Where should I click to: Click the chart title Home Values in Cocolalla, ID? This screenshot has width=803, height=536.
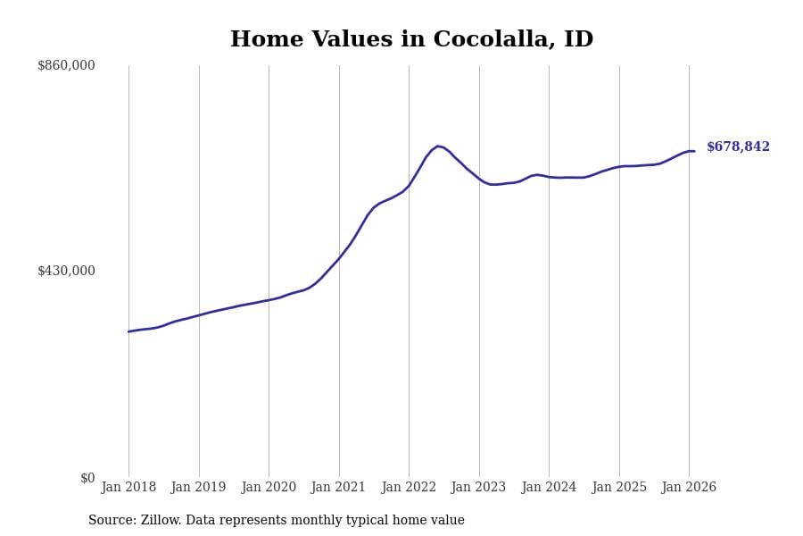(x=411, y=40)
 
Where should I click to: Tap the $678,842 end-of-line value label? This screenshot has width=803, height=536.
(x=738, y=147)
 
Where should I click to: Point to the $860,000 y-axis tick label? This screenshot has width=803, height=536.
(x=66, y=65)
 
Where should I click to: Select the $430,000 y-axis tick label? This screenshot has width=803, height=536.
(x=66, y=271)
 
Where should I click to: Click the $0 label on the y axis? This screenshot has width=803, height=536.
(x=87, y=478)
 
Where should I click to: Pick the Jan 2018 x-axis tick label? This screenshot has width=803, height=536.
(x=128, y=488)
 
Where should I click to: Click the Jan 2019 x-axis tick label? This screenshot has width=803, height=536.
(x=198, y=488)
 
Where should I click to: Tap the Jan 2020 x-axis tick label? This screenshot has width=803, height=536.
(x=269, y=488)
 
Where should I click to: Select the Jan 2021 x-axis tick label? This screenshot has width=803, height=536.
(x=338, y=488)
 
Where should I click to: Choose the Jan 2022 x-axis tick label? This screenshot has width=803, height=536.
(x=409, y=488)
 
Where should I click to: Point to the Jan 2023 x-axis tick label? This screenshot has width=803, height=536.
(x=478, y=488)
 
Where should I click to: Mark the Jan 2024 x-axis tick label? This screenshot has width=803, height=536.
(x=549, y=488)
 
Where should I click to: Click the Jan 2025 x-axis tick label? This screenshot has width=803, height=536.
(x=619, y=488)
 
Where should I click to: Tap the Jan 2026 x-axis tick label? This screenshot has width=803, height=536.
(x=689, y=488)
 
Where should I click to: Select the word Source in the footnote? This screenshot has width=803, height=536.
(x=112, y=521)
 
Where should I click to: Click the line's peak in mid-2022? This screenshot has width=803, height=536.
(x=437, y=146)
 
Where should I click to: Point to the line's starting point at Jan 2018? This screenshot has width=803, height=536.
(x=128, y=331)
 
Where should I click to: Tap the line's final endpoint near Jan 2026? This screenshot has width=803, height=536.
(x=694, y=151)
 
